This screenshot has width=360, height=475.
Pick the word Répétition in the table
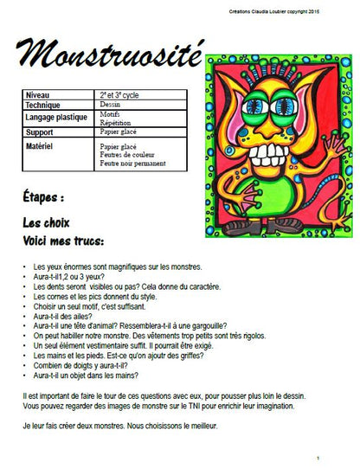click(115, 123)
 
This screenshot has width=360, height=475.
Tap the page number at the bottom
click(318, 458)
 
